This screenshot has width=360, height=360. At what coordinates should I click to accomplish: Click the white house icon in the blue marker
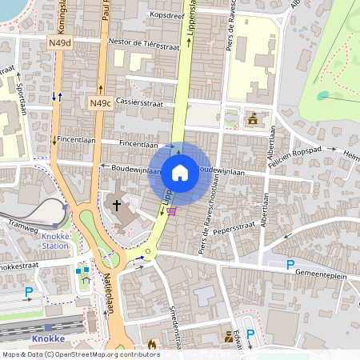point(180,172)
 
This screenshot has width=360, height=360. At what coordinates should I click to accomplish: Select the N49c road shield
point(100,102)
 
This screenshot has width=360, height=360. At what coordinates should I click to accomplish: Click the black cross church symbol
point(116,206)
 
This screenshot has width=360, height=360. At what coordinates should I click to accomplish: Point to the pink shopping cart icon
point(170,211)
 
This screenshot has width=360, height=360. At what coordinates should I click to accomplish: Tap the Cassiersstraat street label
point(139,103)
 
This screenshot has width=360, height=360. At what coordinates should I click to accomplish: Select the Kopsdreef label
point(166,15)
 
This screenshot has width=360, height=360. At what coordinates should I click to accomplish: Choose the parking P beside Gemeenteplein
point(290,265)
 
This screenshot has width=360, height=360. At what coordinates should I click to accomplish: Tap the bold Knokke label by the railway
point(48,338)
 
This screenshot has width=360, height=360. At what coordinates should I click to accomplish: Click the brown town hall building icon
point(253,118)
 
